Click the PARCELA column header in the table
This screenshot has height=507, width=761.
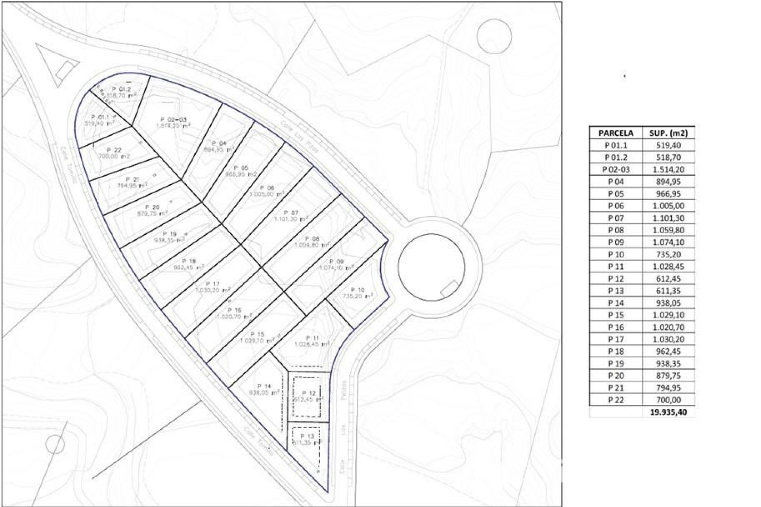[616, 133]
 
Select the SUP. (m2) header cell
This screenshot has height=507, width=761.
[668, 133]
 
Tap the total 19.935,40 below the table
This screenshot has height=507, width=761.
[668, 412]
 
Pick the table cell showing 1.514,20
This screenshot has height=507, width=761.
[668, 170]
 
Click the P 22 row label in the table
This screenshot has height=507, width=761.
[616, 400]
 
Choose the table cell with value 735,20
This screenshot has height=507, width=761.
[668, 254]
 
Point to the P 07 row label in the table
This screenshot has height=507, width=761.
[616, 218]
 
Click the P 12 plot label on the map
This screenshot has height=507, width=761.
[309, 393]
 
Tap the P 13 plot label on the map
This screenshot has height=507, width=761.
[307, 436]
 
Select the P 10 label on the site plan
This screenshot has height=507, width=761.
[358, 290]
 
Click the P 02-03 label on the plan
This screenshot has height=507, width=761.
[173, 119]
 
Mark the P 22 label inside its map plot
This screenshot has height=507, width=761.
[114, 150]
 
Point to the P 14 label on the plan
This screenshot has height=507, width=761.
[264, 386]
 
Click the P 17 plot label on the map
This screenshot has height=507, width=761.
[213, 284]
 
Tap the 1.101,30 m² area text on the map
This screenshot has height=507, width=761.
[291, 219]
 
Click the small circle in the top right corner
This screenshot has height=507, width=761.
[494, 36]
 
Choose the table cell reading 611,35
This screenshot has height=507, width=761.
[668, 291]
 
